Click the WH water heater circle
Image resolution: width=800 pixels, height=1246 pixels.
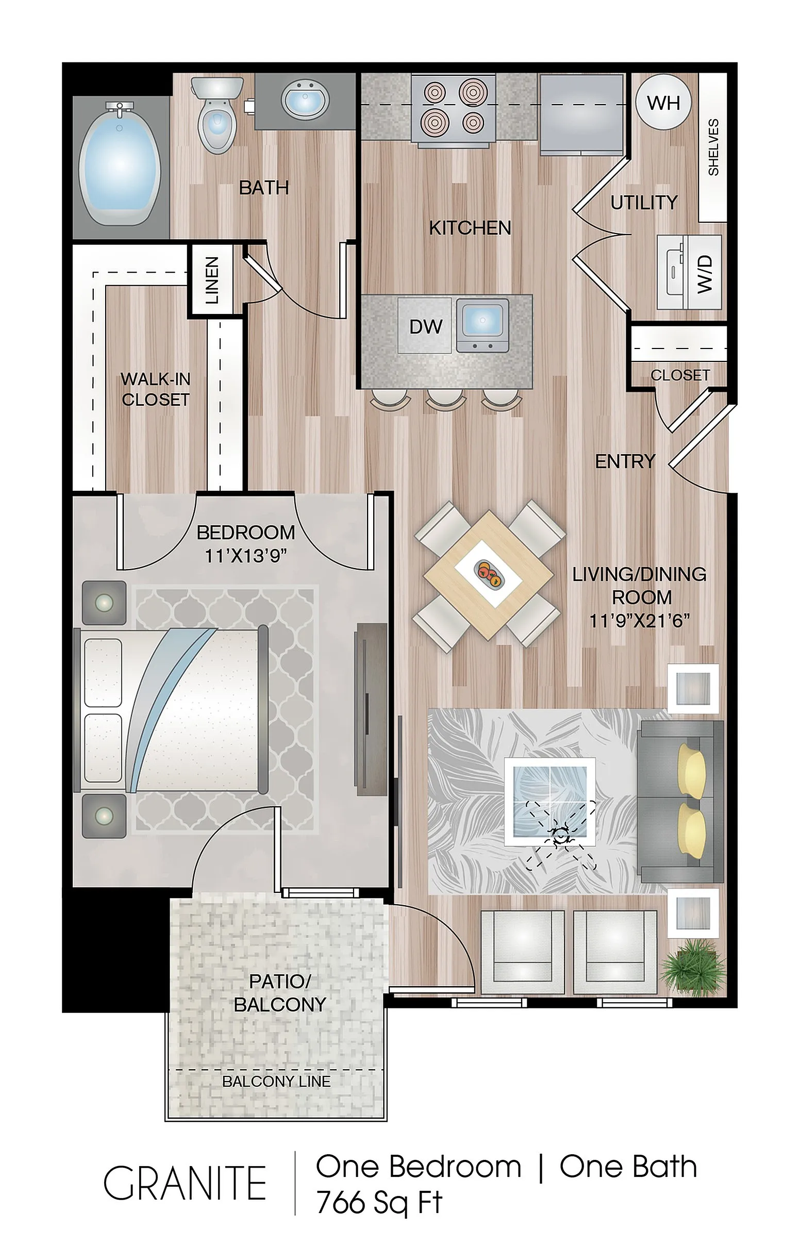663,103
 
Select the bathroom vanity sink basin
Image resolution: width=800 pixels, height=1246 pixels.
305,101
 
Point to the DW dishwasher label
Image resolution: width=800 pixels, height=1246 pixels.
426,327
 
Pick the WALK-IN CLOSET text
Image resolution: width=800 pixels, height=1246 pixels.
155,389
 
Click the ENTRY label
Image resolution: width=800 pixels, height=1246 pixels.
625,461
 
